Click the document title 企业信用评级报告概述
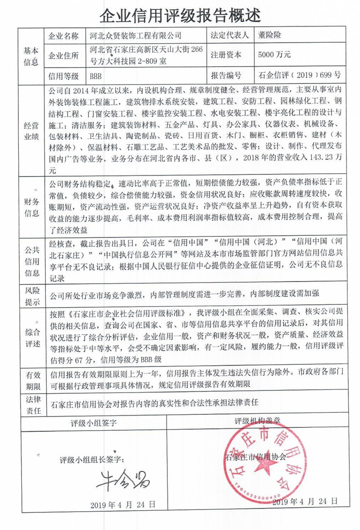pos(180,14)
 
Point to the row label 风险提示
pos(31,296)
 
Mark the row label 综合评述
pos(31,338)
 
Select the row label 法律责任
pos(31,404)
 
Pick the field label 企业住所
pos(63,56)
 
